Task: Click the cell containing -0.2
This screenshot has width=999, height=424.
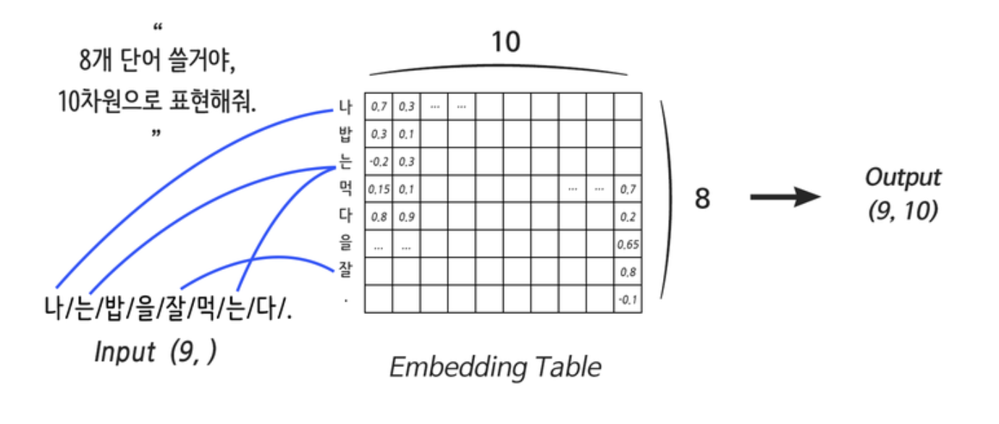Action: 379,162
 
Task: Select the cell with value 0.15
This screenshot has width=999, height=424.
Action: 379,190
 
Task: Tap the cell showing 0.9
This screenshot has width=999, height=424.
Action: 406,217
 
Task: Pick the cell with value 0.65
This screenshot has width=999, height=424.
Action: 628,245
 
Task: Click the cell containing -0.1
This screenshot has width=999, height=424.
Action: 628,300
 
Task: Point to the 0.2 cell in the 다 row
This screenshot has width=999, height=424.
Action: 628,217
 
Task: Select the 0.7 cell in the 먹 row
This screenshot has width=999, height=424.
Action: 628,190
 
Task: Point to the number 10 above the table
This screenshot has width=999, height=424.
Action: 505,43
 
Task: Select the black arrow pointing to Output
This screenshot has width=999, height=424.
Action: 785,197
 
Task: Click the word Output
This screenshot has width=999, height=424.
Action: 903,177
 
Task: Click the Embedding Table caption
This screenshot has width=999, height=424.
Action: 495,367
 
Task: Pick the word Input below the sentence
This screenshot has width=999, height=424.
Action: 125,352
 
